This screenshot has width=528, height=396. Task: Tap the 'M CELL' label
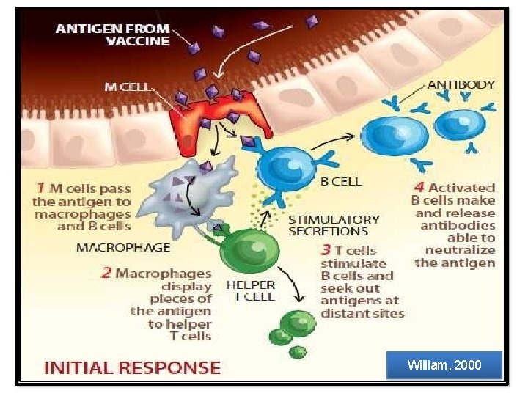click(125, 87)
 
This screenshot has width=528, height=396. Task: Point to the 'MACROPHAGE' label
click(122, 247)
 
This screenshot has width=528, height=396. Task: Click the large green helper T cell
click(246, 254)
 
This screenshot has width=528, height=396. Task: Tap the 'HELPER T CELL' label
click(250, 290)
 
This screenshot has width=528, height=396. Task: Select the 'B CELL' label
click(341, 180)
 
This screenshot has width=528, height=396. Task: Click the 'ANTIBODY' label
click(461, 85)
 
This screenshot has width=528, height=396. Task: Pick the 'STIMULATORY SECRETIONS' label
click(334, 225)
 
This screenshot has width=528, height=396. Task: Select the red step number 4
click(419, 188)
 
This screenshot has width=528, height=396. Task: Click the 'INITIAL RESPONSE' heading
click(132, 367)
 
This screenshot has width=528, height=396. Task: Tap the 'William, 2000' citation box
click(445, 364)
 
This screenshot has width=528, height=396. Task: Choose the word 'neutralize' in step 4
click(460, 250)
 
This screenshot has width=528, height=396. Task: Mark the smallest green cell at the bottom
click(297, 352)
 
